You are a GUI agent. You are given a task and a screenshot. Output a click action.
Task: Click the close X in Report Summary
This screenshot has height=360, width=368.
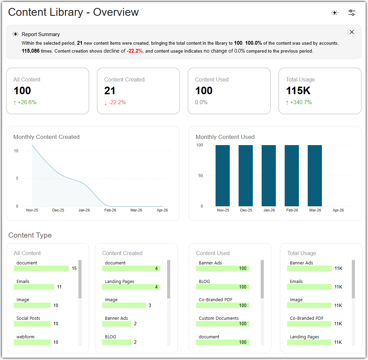351,32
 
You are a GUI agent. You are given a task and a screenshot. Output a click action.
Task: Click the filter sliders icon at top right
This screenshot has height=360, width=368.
351,13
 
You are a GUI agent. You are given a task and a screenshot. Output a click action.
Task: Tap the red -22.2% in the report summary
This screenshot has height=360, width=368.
135,51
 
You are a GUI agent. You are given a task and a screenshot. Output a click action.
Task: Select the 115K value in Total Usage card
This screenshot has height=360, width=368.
298,90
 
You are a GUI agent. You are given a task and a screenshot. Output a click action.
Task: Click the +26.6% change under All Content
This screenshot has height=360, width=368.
25,102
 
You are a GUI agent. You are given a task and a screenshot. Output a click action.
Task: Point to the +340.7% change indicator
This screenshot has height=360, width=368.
299,102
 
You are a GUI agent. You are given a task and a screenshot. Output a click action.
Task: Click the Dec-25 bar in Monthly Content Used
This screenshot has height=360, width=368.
246,176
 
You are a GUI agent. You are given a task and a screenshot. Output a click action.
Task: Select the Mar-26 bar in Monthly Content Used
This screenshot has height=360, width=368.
315,176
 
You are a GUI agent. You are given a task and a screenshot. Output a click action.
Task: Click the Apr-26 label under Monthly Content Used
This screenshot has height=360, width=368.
338,210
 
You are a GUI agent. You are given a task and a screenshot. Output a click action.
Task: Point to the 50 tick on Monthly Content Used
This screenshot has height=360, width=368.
201,176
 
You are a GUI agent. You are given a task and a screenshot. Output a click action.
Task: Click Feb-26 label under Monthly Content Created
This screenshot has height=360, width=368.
110,210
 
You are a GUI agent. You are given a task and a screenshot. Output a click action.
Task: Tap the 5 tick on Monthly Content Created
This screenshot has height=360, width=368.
17,178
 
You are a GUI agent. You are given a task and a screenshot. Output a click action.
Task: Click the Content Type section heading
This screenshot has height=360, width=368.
30,235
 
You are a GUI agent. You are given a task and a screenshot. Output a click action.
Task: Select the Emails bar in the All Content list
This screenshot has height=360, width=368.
34,287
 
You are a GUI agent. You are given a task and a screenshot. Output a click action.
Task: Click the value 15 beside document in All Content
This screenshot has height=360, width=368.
74,268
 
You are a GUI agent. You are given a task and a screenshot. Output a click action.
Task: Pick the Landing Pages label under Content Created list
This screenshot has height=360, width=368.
119,281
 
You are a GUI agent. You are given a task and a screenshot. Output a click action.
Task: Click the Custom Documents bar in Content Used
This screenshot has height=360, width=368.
223,324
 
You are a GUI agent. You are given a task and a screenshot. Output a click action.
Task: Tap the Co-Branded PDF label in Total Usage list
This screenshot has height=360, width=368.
306,318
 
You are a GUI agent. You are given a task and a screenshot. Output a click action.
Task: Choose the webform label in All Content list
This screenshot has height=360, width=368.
25,337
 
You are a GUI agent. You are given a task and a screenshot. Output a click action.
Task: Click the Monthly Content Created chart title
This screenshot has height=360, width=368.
46,137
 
